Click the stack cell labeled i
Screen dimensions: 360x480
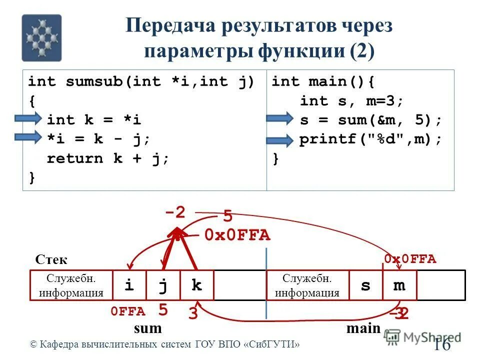[x=129, y=285]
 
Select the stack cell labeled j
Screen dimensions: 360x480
[x=163, y=285]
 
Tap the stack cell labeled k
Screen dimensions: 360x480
[x=196, y=285]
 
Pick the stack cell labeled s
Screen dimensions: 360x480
[x=365, y=285]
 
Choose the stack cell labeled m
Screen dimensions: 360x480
[x=399, y=285]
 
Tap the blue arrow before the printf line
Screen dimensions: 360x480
[x=279, y=140]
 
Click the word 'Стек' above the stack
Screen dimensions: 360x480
[x=51, y=260]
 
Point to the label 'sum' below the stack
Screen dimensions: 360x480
[x=148, y=328]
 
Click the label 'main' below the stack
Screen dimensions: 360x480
[x=363, y=328]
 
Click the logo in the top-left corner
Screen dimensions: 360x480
[x=41, y=38]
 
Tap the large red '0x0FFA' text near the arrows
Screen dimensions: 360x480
[x=237, y=235]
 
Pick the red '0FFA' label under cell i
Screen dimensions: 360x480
[x=128, y=312]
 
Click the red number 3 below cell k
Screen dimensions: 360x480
[x=193, y=314]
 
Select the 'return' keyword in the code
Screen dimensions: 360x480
[x=75, y=158]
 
